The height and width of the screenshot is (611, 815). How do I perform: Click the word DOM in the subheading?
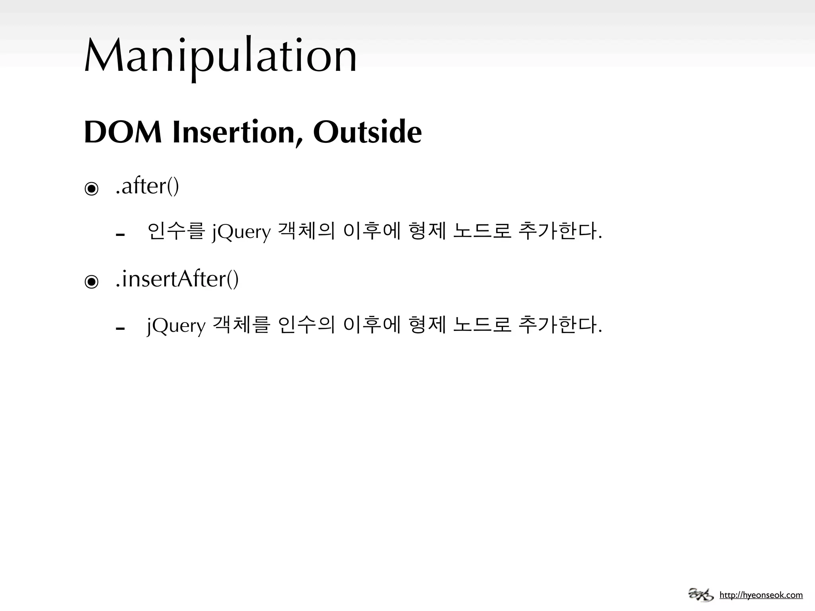[x=123, y=132]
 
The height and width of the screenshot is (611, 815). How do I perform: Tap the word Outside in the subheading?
[x=367, y=132]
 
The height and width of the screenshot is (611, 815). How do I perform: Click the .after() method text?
[x=147, y=186]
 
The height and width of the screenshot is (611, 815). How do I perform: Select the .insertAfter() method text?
[x=177, y=279]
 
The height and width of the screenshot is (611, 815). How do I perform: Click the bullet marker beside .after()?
[x=92, y=189]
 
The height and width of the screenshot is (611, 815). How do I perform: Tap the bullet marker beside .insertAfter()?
[x=92, y=282]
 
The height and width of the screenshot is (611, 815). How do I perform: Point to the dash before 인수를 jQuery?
[x=120, y=235]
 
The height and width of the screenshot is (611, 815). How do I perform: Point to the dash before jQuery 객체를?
[x=120, y=329]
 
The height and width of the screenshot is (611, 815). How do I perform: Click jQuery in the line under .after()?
[x=241, y=232]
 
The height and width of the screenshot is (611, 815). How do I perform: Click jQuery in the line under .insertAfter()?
[x=176, y=326]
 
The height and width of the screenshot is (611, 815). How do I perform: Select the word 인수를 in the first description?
[x=176, y=231]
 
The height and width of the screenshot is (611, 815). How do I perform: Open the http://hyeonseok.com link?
[x=761, y=595]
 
